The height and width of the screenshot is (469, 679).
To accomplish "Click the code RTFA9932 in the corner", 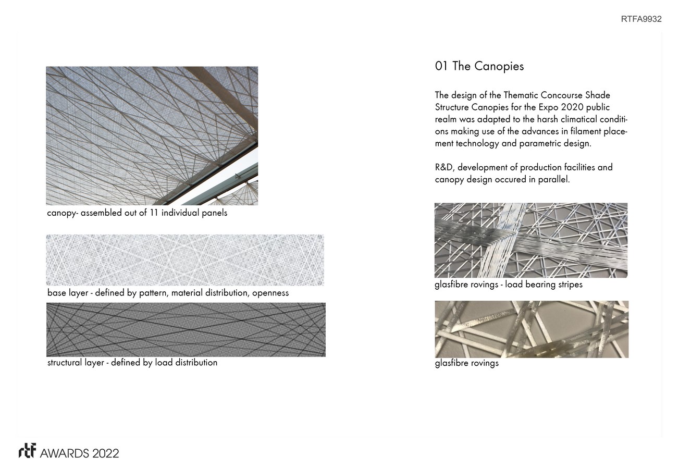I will (641, 19).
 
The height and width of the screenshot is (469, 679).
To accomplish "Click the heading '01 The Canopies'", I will (479, 66).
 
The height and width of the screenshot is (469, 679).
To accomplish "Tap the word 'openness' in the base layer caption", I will (270, 293).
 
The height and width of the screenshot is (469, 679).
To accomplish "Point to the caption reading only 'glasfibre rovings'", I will (466, 363).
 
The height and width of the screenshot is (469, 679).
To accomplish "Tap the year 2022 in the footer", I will (106, 453).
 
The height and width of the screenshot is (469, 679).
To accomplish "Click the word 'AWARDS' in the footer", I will (65, 453).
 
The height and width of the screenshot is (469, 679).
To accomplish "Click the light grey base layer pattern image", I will (185, 260).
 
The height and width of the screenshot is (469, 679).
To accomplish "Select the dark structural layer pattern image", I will (186, 329).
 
